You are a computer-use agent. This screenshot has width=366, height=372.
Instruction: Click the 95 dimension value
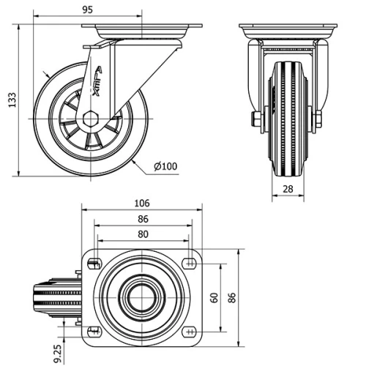87,10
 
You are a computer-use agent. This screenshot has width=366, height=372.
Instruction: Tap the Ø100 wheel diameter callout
165,166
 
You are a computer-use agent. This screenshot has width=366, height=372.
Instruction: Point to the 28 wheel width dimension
288,190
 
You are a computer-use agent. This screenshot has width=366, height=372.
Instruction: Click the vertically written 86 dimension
233,297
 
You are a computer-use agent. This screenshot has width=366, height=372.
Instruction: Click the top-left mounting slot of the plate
94,263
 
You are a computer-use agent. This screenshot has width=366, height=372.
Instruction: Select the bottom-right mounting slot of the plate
190,331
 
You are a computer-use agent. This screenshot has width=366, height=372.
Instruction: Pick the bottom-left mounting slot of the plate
94,331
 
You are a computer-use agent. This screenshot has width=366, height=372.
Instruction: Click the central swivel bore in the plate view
142,297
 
